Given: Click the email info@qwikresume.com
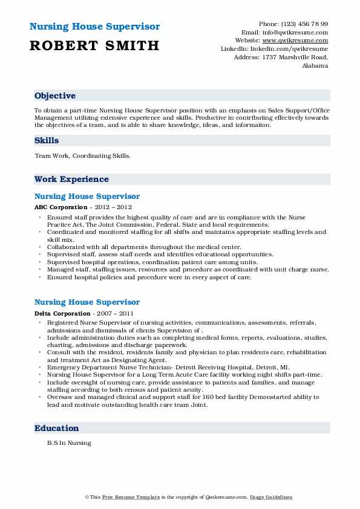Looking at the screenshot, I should point(302,32).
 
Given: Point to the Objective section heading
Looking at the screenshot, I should point(55,96).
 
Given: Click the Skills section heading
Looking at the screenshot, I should point(47,141).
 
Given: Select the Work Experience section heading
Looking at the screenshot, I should point(71,180).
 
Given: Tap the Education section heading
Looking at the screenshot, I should point(57,429).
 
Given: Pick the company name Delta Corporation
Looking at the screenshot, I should point(62,313).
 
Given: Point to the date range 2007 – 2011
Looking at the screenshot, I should point(114,313).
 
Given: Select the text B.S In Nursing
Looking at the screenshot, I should point(69,443).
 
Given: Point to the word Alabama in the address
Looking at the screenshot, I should point(315,65).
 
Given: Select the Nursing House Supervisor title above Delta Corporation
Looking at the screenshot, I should point(87,302).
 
